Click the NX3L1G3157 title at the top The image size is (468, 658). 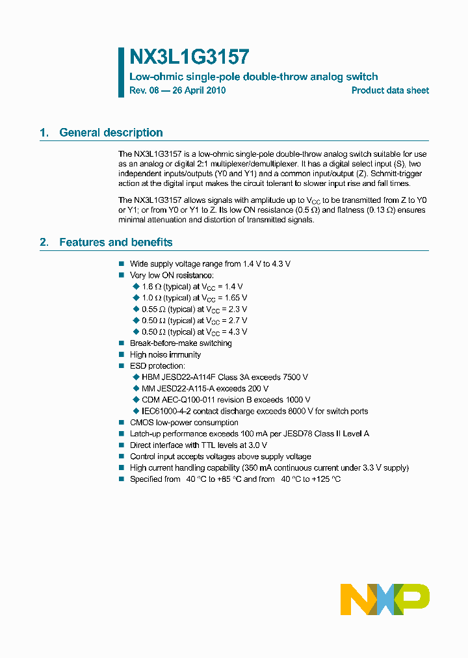189,57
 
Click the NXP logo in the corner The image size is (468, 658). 385,599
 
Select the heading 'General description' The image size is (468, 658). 110,133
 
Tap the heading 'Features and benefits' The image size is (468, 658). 116,243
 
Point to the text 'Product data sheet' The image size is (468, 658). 390,90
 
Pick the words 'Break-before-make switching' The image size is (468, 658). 181,343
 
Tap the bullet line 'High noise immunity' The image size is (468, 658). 165,354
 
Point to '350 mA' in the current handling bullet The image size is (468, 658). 257,468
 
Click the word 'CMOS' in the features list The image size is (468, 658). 141,423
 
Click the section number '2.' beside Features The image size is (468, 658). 44,243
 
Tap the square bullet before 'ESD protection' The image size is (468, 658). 121,366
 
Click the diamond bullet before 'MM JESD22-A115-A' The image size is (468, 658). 136,389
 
